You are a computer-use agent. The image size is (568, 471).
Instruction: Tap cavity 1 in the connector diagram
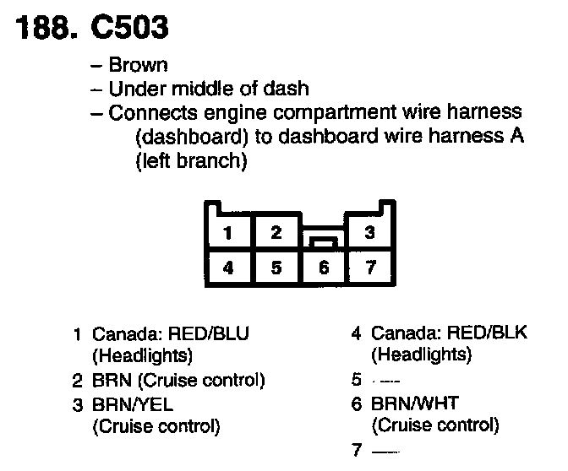pos(229,233)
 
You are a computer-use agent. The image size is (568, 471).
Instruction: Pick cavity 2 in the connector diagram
pos(276,233)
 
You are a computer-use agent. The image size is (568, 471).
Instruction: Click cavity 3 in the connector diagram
pos(369,233)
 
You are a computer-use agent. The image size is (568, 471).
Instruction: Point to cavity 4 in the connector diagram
pos(229,268)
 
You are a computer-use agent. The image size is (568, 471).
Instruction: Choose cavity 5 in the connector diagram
pos(276,268)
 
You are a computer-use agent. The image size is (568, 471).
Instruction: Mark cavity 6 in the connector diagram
pos(322,268)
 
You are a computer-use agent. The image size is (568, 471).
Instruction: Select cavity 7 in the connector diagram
pos(369,268)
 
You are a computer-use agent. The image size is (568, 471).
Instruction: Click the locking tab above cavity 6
pos(322,241)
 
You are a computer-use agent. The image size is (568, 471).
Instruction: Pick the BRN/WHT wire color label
pos(409,403)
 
